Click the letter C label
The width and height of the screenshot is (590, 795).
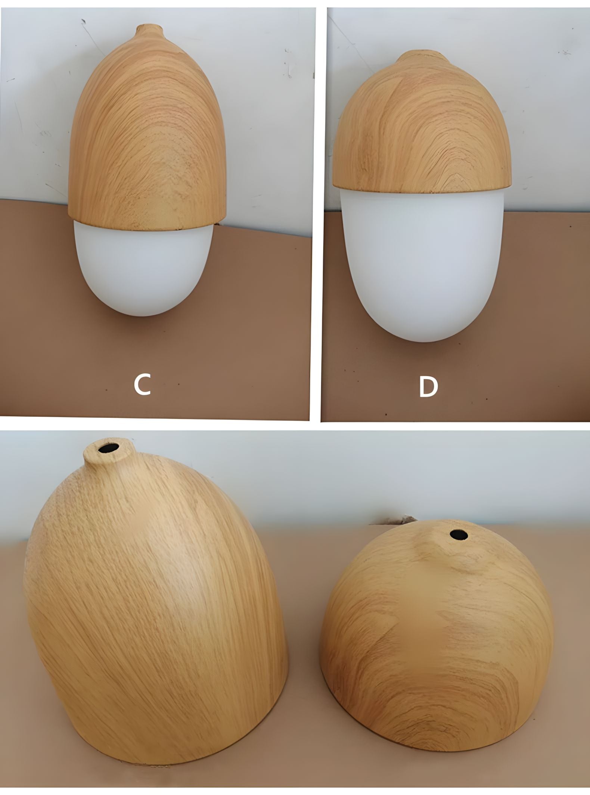tap(142, 386)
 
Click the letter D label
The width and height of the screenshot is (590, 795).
tap(428, 387)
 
